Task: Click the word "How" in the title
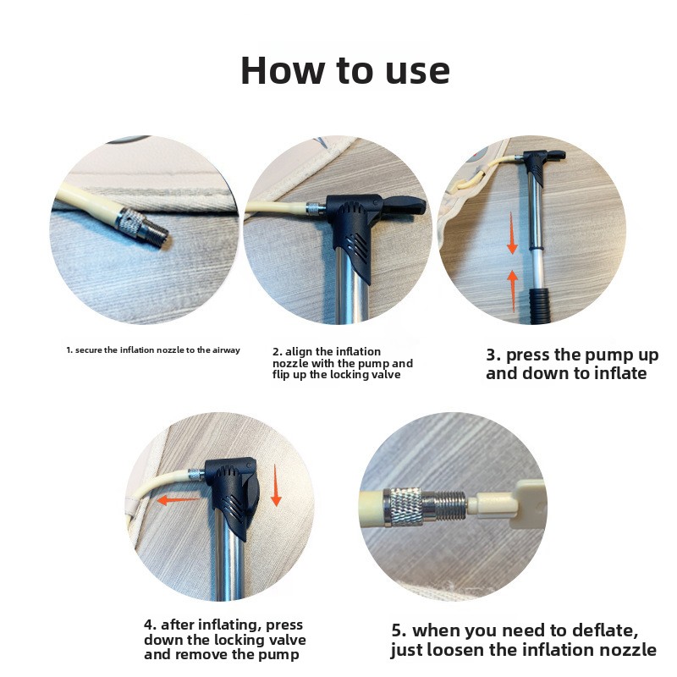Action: coord(283,70)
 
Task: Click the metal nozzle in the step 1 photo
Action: coord(141,227)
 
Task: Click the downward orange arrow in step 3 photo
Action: coord(512,233)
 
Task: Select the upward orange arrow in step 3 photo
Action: coord(513,290)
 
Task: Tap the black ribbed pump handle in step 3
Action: coord(540,305)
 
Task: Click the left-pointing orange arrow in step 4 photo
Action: coord(178,500)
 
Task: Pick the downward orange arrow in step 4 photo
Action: coord(276,485)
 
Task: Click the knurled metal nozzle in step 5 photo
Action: coord(425,506)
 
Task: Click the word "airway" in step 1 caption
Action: coord(226,350)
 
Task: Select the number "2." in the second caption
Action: coord(278,352)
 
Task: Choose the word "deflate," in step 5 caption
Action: coord(605,630)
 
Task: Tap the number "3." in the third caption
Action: coord(493,355)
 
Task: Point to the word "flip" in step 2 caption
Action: coord(281,374)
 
